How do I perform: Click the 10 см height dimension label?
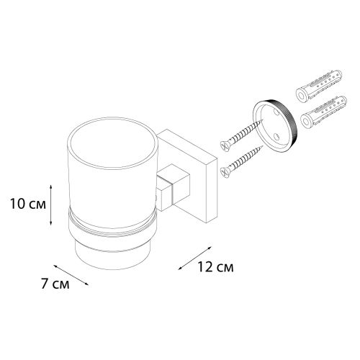[x=28, y=204]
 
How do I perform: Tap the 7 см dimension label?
[x=55, y=284]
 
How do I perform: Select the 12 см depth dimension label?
[x=215, y=267]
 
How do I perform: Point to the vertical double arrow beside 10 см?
[x=50, y=205]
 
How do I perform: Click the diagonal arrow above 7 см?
[x=71, y=275]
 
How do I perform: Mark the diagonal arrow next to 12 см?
[x=194, y=258]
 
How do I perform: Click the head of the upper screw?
[x=225, y=146]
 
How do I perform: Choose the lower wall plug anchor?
[x=324, y=111]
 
